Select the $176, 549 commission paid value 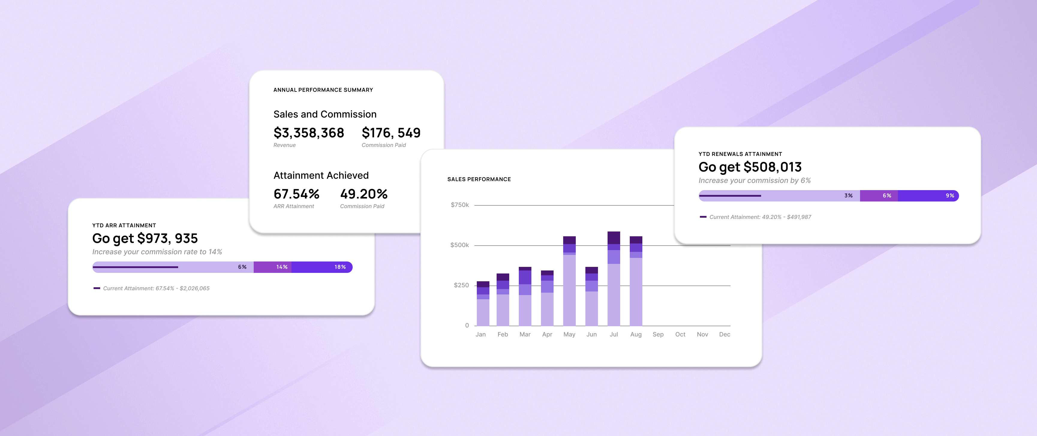tap(390, 133)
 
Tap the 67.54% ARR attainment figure tap(296, 194)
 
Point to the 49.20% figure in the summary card tap(363, 194)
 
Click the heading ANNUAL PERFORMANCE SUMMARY tap(323, 90)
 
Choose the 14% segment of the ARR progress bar tap(273, 267)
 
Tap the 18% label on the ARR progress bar tap(340, 267)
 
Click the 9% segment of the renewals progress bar tap(928, 196)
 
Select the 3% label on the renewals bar tap(848, 196)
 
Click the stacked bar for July tap(614, 279)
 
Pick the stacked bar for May tap(569, 281)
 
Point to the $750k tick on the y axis tap(459, 205)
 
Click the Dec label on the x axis tap(724, 334)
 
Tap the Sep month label tap(658, 334)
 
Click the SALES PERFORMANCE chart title tap(479, 179)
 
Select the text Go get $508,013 tap(750, 167)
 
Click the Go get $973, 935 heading tap(145, 238)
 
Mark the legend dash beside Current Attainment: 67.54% tap(97, 288)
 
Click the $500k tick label tap(459, 245)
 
